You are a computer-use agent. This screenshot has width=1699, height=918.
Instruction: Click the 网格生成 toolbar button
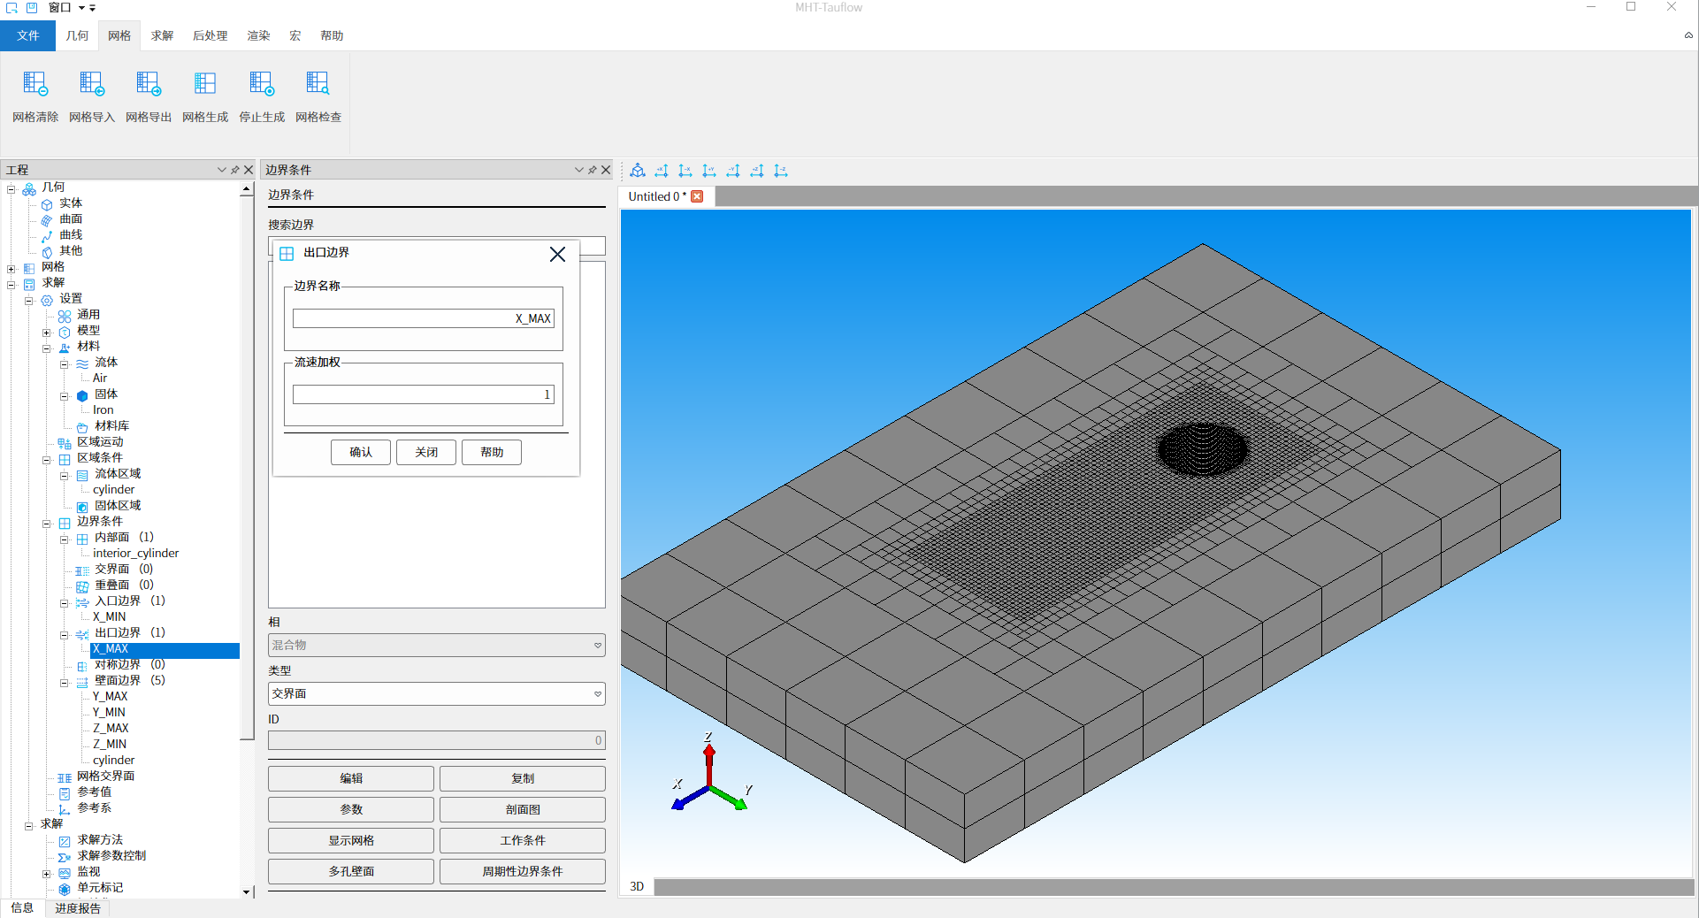click(205, 96)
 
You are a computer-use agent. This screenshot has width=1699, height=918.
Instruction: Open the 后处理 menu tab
click(210, 35)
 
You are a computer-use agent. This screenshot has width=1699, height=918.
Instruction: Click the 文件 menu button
click(27, 35)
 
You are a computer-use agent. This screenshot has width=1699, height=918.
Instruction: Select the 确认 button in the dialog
click(361, 452)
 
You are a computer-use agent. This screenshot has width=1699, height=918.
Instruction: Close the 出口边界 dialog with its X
click(557, 255)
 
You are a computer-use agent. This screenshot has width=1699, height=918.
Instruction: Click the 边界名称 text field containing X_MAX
click(424, 318)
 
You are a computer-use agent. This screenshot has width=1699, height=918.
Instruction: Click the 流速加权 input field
click(424, 394)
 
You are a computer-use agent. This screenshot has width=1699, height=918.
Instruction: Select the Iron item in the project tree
click(103, 409)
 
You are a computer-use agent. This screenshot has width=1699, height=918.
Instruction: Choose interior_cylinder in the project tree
click(136, 553)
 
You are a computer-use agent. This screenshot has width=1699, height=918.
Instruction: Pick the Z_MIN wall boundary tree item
click(110, 744)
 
